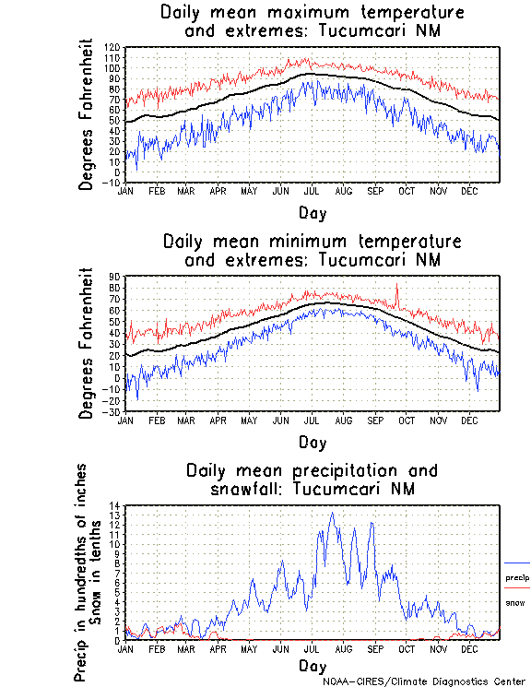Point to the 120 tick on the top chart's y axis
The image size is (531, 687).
click(112, 47)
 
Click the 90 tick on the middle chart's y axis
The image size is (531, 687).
click(115, 277)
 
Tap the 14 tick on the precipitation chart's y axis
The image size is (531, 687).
click(115, 505)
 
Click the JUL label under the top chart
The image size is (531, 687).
click(312, 191)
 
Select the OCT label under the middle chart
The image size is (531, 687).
click(407, 420)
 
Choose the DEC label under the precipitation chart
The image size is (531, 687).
click(469, 648)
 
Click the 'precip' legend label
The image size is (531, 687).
click(517, 578)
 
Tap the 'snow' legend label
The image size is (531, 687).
click(514, 602)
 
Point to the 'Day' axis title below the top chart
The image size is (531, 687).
click(312, 213)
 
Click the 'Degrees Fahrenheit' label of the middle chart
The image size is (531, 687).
click(87, 344)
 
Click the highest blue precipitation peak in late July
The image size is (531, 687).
click(331, 515)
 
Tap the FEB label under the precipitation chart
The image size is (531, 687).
click(156, 648)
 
